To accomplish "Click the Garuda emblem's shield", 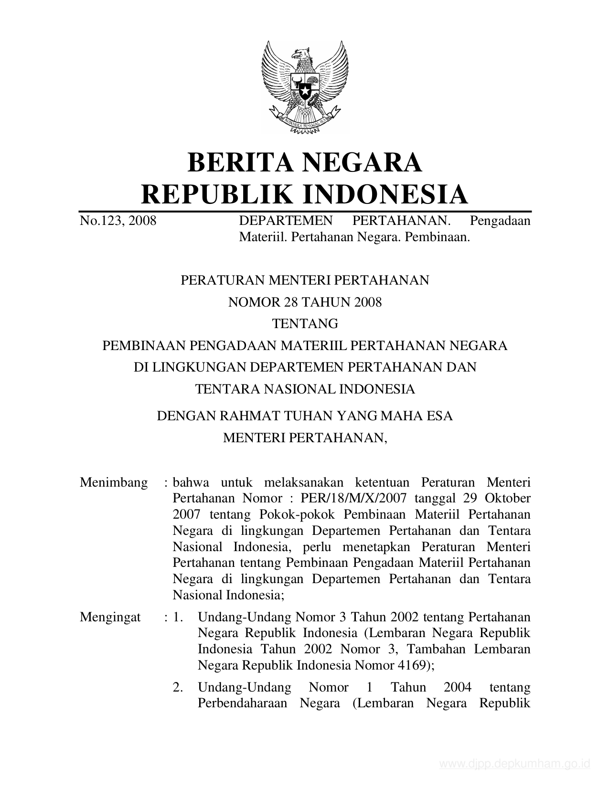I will point(304,85).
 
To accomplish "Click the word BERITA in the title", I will point(236,162).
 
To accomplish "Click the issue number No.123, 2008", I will point(118,221).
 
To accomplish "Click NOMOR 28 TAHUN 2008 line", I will point(305,302).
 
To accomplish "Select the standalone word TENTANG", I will point(305,324).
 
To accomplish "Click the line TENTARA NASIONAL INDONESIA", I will point(305,389).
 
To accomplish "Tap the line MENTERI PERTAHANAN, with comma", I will point(305,437).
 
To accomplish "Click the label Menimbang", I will point(114,482).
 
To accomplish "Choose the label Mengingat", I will point(110,617).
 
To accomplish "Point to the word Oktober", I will point(508,499).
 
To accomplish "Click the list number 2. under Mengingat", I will point(178,687).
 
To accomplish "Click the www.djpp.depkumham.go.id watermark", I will point(515,764).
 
